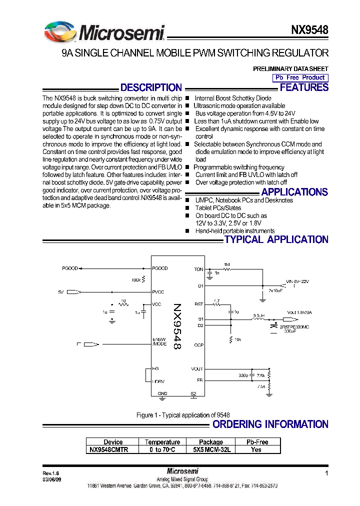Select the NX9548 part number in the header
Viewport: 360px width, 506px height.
[x=309, y=30]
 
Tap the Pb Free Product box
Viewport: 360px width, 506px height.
[x=300, y=77]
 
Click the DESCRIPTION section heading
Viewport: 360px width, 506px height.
[x=151, y=87]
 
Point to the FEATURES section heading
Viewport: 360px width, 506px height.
[x=304, y=87]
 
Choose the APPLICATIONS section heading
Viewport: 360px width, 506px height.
[x=294, y=192]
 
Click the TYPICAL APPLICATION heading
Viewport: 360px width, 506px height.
[x=276, y=239]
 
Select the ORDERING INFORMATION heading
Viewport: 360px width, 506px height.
[x=270, y=424]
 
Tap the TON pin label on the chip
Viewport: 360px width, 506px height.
[x=198, y=269]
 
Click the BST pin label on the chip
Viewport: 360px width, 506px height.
[x=198, y=304]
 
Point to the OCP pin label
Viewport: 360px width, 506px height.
[x=198, y=345]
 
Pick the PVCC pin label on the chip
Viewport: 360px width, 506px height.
[x=158, y=291]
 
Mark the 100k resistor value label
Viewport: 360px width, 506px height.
[x=136, y=280]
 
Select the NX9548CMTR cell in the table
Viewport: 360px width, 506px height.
[x=109, y=449]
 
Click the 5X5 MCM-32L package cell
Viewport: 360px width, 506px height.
[x=211, y=449]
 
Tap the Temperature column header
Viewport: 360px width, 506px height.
[x=162, y=442]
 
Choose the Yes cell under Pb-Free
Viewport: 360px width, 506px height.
[x=256, y=449]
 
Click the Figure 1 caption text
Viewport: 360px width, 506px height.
[x=183, y=415]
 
